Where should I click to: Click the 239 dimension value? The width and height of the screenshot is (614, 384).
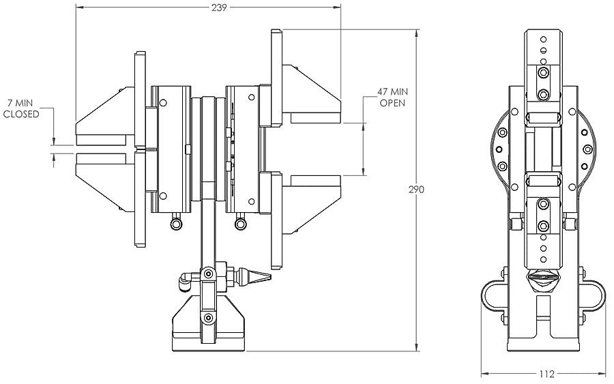tap(219, 8)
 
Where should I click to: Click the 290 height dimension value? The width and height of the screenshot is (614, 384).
tap(416, 190)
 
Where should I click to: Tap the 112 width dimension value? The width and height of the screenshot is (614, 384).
tap(546, 374)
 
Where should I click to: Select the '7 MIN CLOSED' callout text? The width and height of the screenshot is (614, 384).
tap(21, 109)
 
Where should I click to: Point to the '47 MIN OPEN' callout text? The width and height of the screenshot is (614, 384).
tap(392, 98)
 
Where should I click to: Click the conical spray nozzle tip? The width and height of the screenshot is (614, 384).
tap(259, 277)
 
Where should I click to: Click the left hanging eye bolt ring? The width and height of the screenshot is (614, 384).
tap(176, 223)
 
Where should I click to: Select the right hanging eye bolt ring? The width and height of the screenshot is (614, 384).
tap(240, 223)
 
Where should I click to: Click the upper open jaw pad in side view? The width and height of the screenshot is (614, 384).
tap(316, 118)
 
